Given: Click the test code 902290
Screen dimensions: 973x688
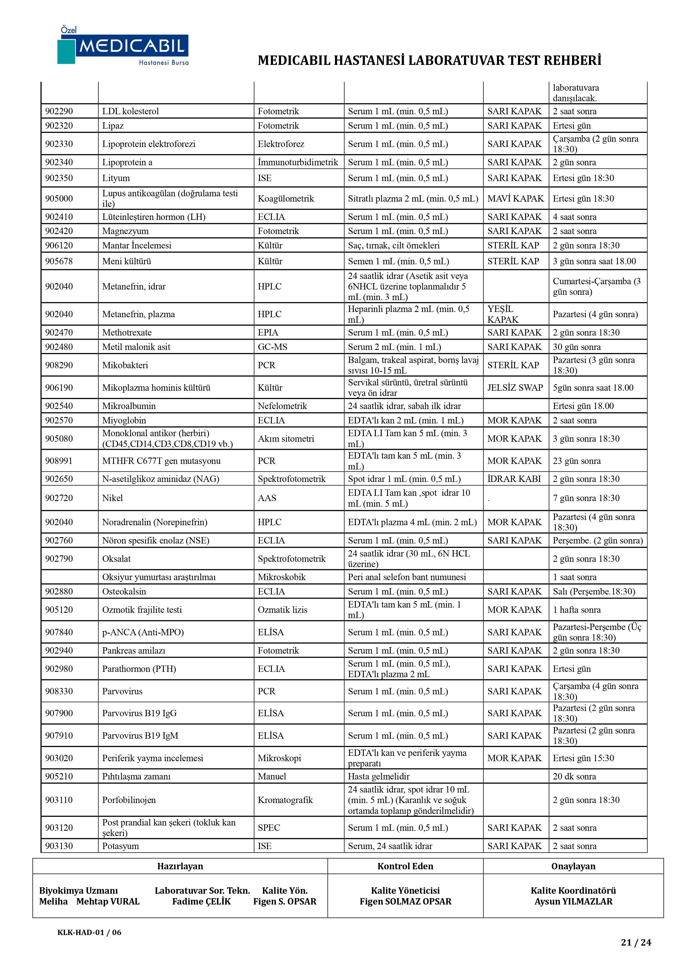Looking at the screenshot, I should (59, 111).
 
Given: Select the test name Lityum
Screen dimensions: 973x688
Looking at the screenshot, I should (116, 178).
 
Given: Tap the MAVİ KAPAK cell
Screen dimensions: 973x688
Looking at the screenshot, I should (515, 198).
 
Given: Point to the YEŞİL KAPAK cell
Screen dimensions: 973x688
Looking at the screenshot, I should (502, 314).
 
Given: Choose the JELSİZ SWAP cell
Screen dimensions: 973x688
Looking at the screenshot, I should (515, 387).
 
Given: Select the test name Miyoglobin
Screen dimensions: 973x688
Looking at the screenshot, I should (124, 420).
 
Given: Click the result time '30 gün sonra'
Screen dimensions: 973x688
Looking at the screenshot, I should (577, 347).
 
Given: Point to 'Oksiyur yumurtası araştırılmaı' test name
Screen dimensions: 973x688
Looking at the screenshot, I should (159, 577).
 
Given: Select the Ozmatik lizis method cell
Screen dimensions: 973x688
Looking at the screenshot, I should (282, 609).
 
